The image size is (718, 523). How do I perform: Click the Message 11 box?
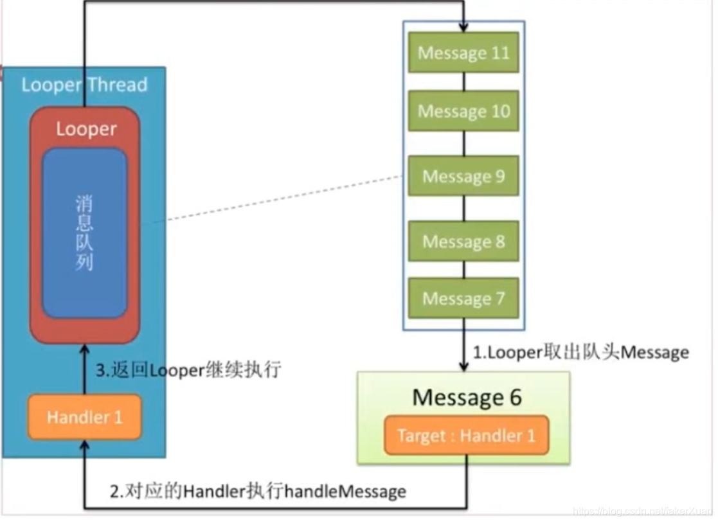coord(463,52)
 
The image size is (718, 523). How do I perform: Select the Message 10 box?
coord(463,111)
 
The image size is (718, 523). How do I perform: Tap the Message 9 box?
coord(463,176)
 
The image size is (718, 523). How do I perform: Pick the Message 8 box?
coord(463,242)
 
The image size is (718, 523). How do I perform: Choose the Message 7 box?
coord(463,298)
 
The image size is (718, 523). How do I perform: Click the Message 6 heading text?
coord(467,397)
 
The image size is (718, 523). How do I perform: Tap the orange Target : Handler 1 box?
coord(466,436)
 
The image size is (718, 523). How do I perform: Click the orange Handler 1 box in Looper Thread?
coord(84,418)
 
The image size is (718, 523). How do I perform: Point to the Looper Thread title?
coord(84,84)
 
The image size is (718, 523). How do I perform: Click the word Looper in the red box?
coord(85,129)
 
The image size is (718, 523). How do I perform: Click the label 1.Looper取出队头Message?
coord(580,352)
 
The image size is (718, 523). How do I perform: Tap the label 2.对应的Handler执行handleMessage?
coord(258,492)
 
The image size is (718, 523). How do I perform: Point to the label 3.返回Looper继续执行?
coord(188,371)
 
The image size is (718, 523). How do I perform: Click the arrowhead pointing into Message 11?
coord(463,27)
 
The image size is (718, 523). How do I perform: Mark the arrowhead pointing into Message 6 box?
coord(463,366)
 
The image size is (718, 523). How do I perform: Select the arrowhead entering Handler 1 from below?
coord(84,445)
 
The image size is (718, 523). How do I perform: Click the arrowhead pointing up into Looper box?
coord(84,350)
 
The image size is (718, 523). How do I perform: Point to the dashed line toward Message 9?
coord(276,199)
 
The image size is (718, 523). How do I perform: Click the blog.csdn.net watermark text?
coord(642,511)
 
